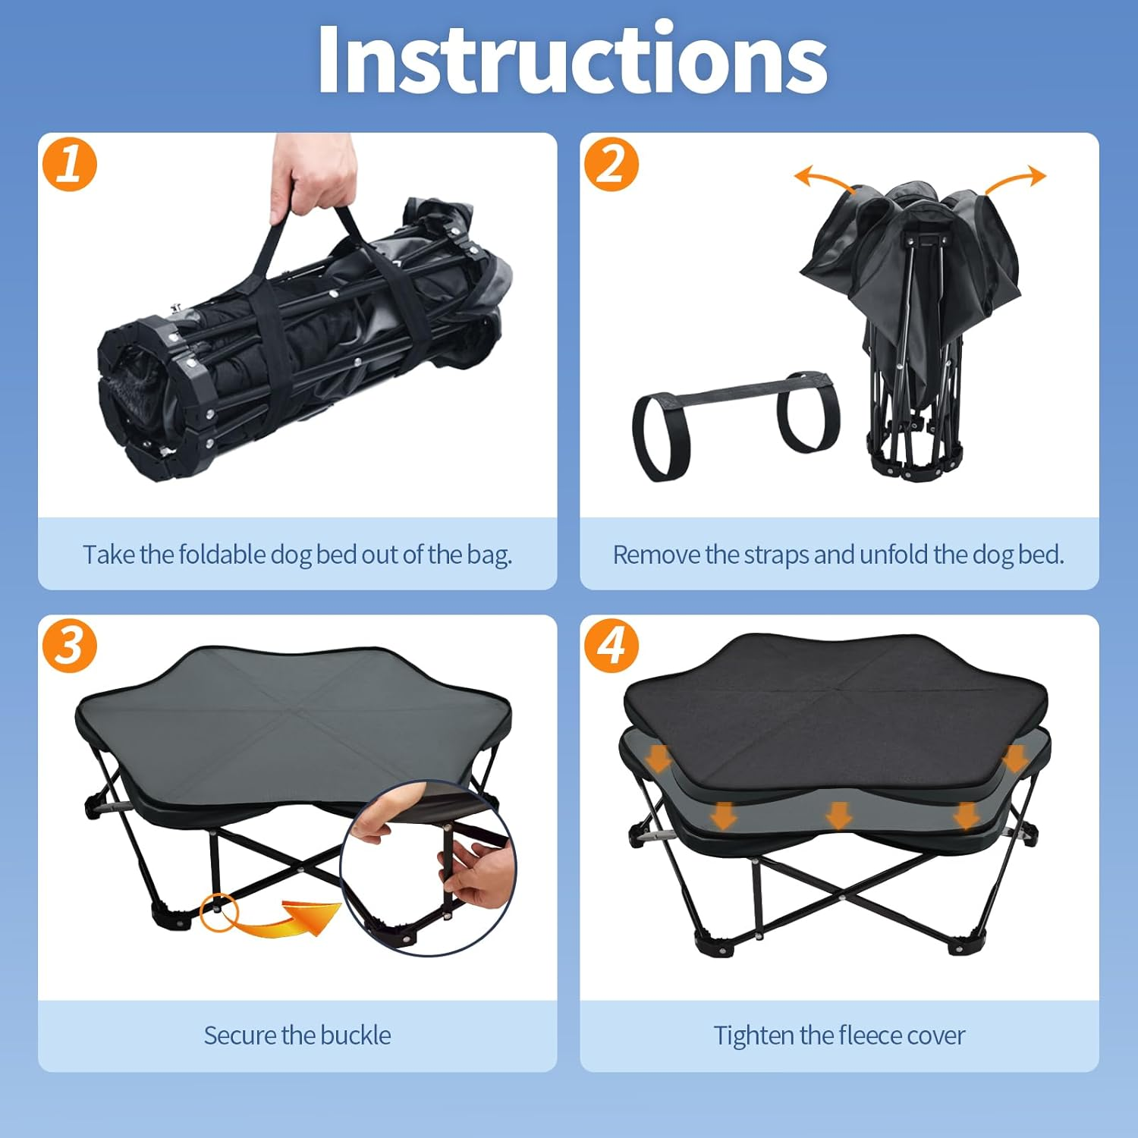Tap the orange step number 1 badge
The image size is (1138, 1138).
(x=70, y=164)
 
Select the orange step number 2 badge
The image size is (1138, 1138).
(x=611, y=164)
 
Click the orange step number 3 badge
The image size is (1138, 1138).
(x=70, y=646)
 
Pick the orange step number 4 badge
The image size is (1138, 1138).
(x=611, y=646)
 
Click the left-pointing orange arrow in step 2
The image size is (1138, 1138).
(x=823, y=181)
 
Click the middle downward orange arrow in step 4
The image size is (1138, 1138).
(x=838, y=815)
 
